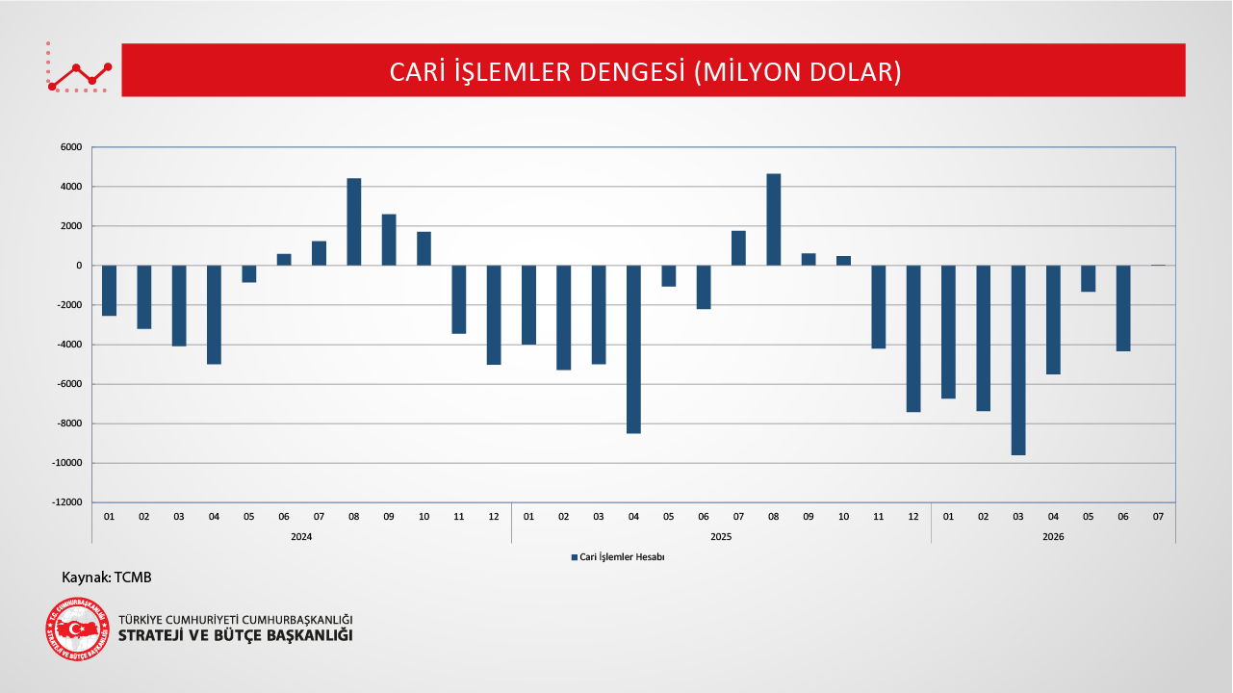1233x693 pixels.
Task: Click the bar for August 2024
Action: [x=354, y=221]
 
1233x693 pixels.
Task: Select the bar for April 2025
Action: [x=633, y=349]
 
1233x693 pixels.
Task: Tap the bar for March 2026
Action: [x=1018, y=360]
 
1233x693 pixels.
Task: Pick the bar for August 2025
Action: [x=773, y=219]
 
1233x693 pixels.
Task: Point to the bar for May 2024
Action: [x=248, y=274]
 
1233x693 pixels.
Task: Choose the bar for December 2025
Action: [x=913, y=339]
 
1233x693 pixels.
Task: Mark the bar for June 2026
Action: [x=1123, y=308]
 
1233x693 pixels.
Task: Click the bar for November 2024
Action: [x=458, y=299]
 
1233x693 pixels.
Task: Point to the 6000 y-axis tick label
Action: [x=71, y=147]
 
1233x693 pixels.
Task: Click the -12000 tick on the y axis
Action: [x=67, y=502]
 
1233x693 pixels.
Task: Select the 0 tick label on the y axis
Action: [x=79, y=266]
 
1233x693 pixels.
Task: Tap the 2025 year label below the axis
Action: [x=721, y=537]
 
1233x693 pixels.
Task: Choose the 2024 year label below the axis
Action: [x=301, y=537]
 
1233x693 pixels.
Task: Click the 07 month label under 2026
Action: [x=1158, y=517]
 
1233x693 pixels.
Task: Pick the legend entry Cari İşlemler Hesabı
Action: [x=618, y=557]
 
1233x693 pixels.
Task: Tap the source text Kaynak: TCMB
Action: [x=106, y=577]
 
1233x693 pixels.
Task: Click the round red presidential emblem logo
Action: [x=77, y=629]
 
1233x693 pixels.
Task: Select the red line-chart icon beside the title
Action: [x=79, y=67]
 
